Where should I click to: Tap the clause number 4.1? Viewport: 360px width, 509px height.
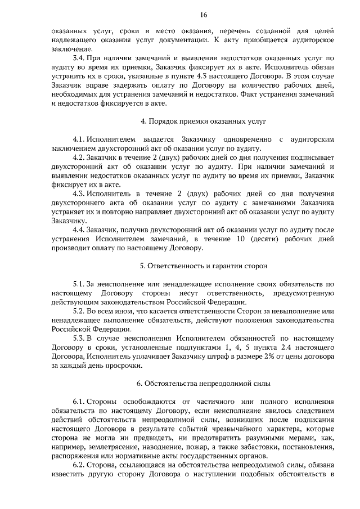point(79,139)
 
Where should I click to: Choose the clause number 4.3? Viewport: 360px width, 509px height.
point(79,194)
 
